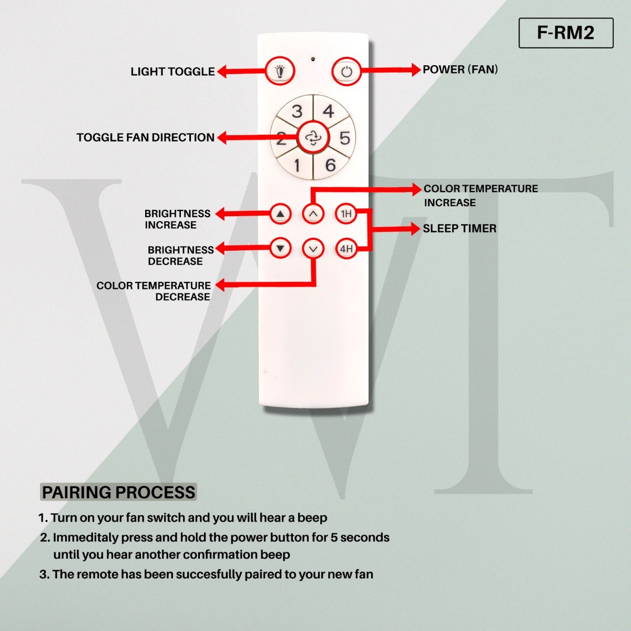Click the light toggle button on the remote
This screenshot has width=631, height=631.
tap(280, 71)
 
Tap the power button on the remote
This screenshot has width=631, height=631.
tap(346, 72)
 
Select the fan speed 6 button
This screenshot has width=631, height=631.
tap(330, 165)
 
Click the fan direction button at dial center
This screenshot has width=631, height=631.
tap(313, 138)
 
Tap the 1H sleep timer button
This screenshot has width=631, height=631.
tap(345, 213)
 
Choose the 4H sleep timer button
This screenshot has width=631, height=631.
tap(345, 249)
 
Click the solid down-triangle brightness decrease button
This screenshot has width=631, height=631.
tap(280, 248)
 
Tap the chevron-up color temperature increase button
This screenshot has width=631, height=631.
tap(313, 213)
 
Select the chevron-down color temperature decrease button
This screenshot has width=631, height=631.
tap(313, 248)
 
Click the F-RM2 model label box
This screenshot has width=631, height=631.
tap(566, 33)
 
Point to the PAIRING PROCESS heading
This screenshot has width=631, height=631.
tap(118, 493)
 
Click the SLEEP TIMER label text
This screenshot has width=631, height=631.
tap(460, 229)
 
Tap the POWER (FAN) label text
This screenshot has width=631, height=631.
tap(460, 69)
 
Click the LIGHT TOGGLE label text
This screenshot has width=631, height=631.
tap(172, 72)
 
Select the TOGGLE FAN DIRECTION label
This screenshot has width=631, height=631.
tap(145, 138)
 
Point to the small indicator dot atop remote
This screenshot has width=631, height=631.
tap(313, 59)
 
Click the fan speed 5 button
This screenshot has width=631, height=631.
tap(344, 138)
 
